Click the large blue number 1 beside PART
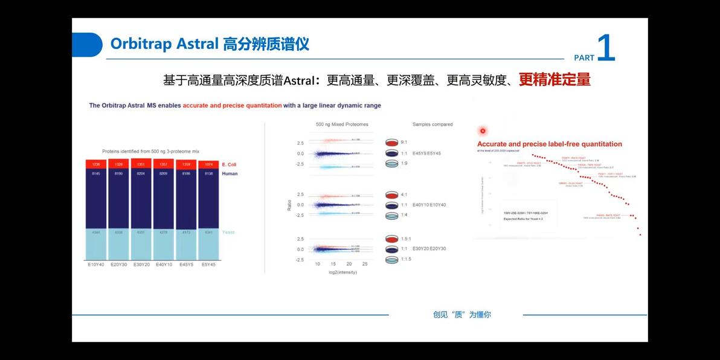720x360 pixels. coord(605,48)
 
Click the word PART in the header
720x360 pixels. coord(583,58)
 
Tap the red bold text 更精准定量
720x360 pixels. coord(554,80)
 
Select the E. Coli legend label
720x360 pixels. coord(229,164)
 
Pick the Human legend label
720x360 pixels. coord(230,173)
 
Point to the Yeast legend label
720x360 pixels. coord(228,232)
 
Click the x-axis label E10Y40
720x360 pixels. coord(96,264)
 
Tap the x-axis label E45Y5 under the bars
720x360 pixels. coord(187,264)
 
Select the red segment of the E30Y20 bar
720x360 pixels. coord(141,164)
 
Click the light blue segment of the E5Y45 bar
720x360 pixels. coord(209,243)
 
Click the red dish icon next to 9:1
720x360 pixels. coord(392,143)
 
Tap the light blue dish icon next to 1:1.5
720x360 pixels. coord(392,259)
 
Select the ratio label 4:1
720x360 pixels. coord(404,194)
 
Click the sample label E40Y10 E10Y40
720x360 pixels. coord(429,205)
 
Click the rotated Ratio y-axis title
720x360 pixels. coord(289,207)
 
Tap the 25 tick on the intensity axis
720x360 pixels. coord(364,264)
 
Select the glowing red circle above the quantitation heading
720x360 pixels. coord(483,130)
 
